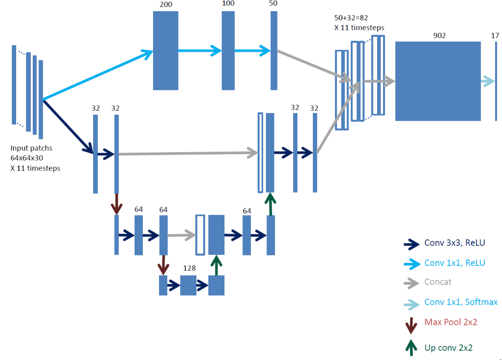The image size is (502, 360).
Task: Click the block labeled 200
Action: (165, 50)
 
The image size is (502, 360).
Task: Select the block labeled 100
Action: (228, 50)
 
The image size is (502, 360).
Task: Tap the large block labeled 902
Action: (437, 81)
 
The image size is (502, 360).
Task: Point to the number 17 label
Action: (495, 35)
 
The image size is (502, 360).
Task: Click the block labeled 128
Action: (188, 285)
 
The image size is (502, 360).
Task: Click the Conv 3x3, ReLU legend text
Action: (455, 243)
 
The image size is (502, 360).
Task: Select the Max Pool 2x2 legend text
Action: (450, 322)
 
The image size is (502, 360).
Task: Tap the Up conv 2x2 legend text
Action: (449, 348)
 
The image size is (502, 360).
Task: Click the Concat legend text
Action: (438, 282)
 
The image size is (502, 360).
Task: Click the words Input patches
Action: (31, 148)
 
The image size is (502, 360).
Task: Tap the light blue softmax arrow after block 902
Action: (488, 82)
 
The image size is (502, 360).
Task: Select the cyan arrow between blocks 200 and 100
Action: (200, 50)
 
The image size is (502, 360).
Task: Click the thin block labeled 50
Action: (274, 50)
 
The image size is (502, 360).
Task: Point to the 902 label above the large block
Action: (439, 35)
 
